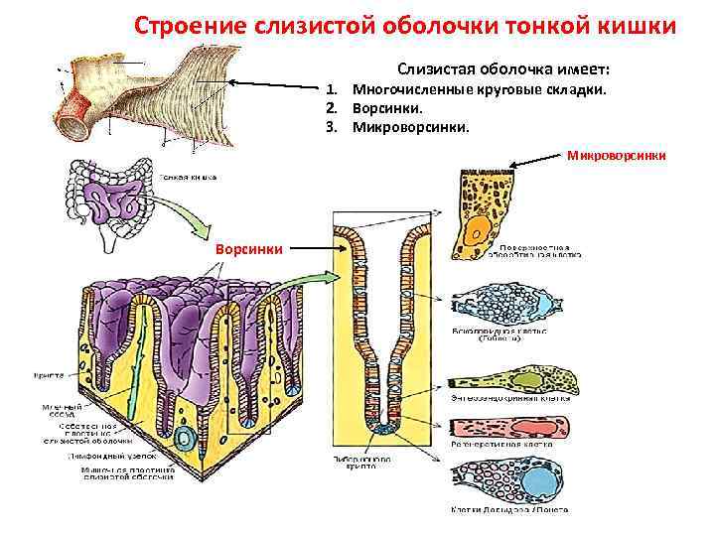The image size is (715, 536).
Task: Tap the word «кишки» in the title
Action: (638, 25)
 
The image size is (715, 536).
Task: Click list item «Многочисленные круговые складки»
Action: (480, 90)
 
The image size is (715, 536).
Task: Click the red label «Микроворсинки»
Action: (617, 155)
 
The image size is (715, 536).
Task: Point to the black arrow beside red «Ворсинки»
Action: (309, 248)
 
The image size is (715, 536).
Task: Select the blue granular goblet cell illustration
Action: (498, 304)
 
